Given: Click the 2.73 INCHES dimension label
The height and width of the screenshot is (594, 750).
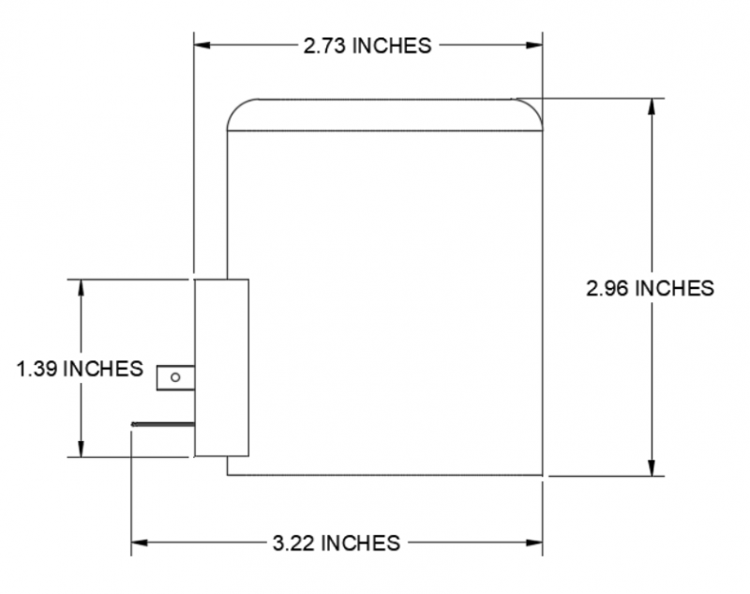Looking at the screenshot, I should (x=367, y=45).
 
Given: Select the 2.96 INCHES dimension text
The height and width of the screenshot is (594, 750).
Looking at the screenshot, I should (x=650, y=288).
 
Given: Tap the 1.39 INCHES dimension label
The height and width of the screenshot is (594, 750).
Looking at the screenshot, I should (x=80, y=368).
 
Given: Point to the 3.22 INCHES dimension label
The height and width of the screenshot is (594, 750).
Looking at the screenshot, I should (x=336, y=542).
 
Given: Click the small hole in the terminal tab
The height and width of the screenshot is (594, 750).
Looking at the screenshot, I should (x=174, y=377).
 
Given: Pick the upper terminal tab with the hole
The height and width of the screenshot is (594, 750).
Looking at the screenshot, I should (x=175, y=377).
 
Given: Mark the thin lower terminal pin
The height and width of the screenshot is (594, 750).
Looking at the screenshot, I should (x=163, y=424).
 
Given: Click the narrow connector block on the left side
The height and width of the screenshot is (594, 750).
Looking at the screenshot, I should (x=221, y=368).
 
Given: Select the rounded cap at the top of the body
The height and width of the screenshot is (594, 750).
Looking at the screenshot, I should (x=385, y=114).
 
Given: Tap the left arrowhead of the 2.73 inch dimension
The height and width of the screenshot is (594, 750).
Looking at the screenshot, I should (x=202, y=44).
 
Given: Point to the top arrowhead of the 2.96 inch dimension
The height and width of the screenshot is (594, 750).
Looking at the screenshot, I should (x=651, y=106).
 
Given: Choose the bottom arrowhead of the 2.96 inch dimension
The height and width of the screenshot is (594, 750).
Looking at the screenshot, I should (x=651, y=468).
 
